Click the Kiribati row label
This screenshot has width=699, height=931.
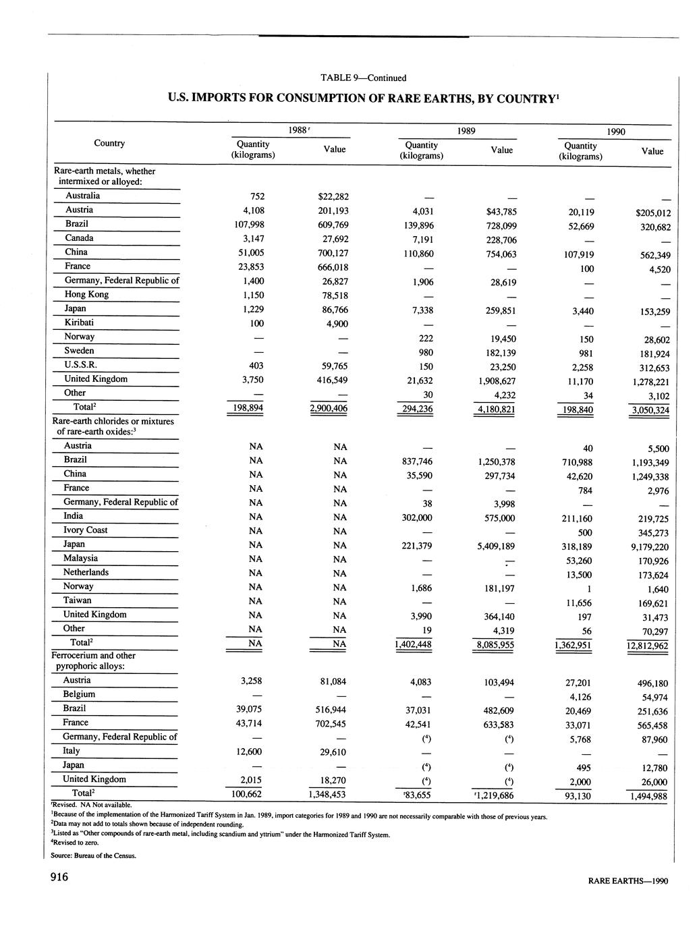coord(79,322)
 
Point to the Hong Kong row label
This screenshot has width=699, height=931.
coord(86,294)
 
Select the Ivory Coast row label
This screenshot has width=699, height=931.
coord(85,530)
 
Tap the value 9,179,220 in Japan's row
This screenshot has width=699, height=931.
coord(646,547)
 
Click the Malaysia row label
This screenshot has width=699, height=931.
coord(80,558)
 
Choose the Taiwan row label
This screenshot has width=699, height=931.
coord(78,600)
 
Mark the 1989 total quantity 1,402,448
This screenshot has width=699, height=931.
coord(412,644)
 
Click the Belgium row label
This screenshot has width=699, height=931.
coord(79,694)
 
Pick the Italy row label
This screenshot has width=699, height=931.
coord(72,751)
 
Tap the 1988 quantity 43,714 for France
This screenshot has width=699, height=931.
coord(252,723)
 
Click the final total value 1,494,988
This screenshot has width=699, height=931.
coord(647,797)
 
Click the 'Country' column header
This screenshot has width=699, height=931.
coord(109,143)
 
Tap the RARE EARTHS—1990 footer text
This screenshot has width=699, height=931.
coord(627,880)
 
